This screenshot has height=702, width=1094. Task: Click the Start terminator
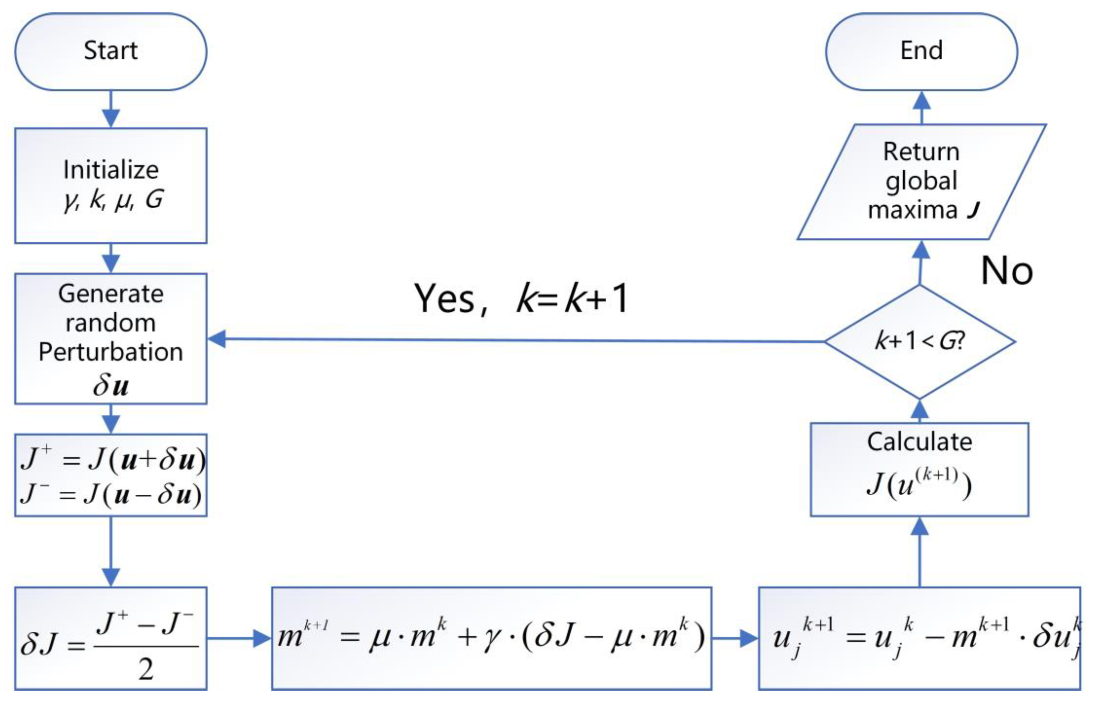(x=110, y=51)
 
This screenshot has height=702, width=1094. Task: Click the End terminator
(x=921, y=51)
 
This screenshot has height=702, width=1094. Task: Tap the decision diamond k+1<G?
(x=920, y=341)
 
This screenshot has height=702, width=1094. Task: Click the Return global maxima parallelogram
(x=921, y=181)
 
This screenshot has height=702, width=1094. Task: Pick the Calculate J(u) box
(x=919, y=469)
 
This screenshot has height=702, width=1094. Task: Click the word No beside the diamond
(x=1006, y=271)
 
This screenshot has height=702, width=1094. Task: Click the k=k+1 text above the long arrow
(x=573, y=299)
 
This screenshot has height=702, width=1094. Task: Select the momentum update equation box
(x=491, y=638)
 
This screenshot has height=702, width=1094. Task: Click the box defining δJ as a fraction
(x=110, y=638)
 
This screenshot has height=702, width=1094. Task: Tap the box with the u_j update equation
(x=919, y=638)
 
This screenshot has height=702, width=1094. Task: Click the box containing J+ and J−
(x=110, y=475)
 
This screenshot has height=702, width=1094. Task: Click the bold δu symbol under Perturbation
(x=110, y=386)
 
